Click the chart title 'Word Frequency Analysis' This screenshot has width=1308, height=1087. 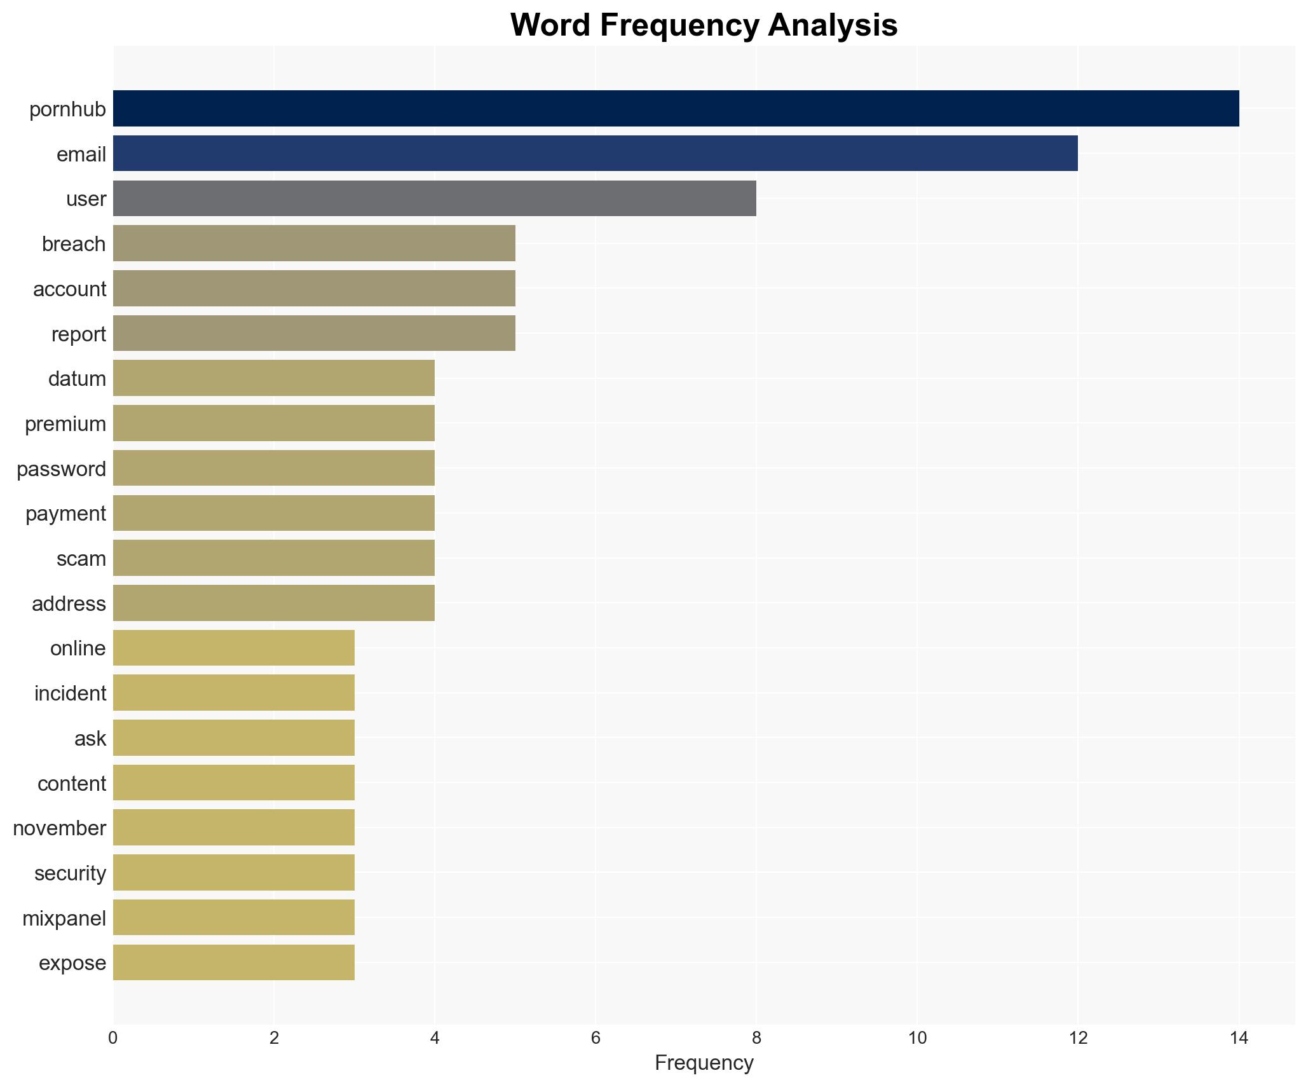pyautogui.click(x=704, y=25)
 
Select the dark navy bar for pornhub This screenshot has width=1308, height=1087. pyautogui.click(x=676, y=109)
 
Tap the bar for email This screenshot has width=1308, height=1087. pyautogui.click(x=595, y=153)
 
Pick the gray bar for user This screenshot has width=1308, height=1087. pyautogui.click(x=434, y=198)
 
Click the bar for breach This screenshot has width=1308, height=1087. pyautogui.click(x=314, y=243)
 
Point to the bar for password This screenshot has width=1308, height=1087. pyautogui.click(x=273, y=468)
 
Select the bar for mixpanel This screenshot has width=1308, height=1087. pyautogui.click(x=233, y=917)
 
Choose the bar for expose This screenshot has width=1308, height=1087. pyautogui.click(x=233, y=962)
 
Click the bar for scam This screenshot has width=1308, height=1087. pyautogui.click(x=273, y=558)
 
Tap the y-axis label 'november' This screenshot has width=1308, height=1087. pyautogui.click(x=60, y=828)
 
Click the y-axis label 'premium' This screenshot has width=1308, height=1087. pyautogui.click(x=65, y=424)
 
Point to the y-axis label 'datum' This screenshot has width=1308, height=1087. pyautogui.click(x=77, y=379)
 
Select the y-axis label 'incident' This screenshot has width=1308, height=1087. pyautogui.click(x=70, y=694)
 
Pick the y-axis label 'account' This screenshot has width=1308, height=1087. pyautogui.click(x=69, y=289)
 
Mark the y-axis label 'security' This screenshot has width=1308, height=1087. pyautogui.click(x=70, y=873)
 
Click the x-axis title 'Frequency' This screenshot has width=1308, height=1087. pyautogui.click(x=704, y=1063)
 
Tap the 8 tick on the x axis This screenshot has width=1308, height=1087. pyautogui.click(x=756, y=1039)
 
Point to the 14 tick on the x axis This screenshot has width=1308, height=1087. pyautogui.click(x=1238, y=1039)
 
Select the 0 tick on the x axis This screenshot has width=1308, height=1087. pyautogui.click(x=113, y=1039)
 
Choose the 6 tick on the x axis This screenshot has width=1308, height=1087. pyautogui.click(x=595, y=1039)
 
